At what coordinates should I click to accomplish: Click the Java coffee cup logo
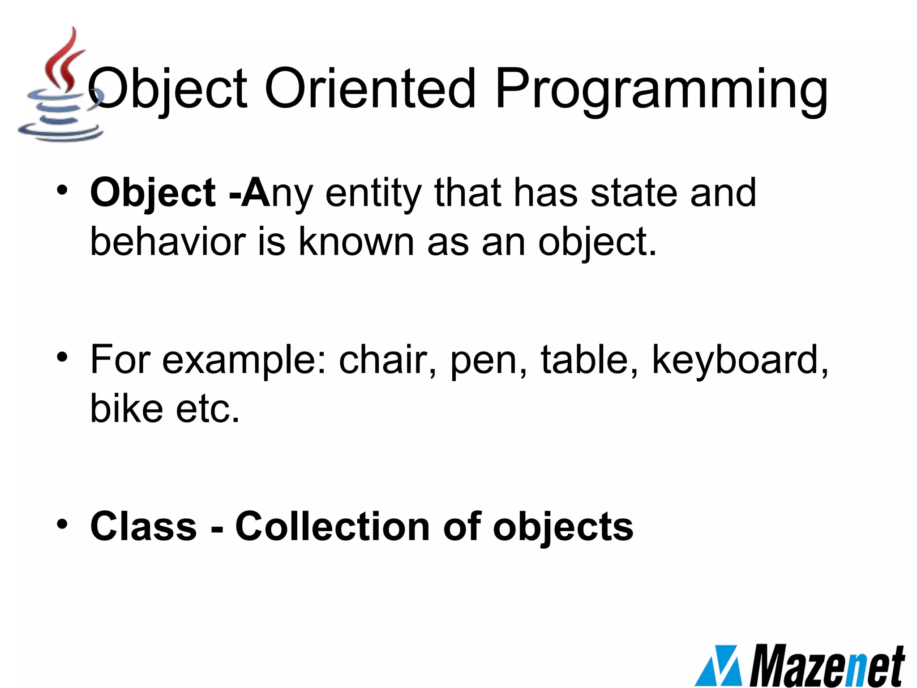click(60, 87)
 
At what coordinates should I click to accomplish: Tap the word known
click(356, 242)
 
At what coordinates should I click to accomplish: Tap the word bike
click(127, 408)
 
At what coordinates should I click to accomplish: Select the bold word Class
click(143, 526)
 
